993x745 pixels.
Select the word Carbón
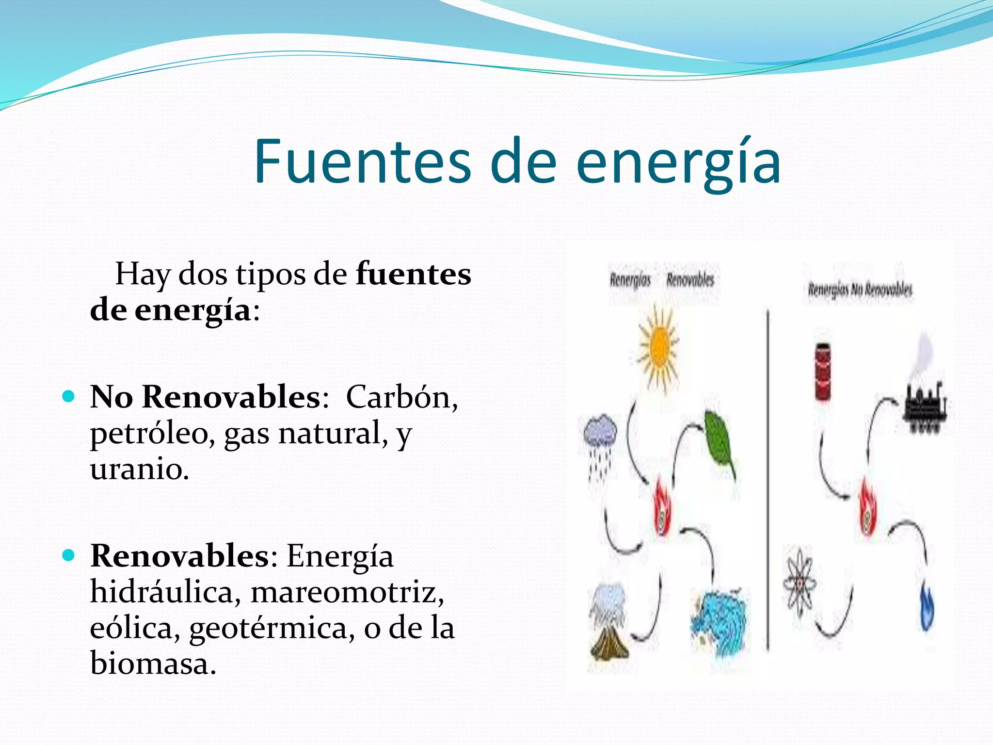pos(401,397)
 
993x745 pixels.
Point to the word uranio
pos(139,469)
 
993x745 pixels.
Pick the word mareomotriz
pos(347,592)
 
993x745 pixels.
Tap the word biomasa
pos(153,663)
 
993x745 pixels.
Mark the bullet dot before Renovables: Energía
pos(69,555)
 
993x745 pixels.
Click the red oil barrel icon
pos(822,371)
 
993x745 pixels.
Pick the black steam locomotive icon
pos(925,405)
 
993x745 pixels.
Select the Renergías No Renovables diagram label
pos(859,290)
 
